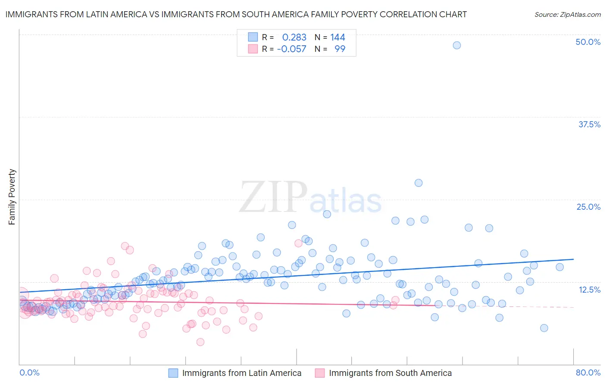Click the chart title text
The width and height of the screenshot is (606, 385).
pos(236,15)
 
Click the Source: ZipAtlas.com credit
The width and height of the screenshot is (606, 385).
pos(567,15)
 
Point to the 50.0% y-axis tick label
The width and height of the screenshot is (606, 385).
pos(588,42)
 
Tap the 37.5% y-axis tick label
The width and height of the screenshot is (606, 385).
pos(589,124)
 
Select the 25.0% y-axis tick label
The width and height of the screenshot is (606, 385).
pos(588,207)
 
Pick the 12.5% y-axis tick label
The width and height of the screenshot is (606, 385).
pos(589,290)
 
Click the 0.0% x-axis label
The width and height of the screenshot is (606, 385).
pos(29,372)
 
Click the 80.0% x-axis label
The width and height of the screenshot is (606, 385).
pos(588,372)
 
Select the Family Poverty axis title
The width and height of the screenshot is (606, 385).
pos(12,197)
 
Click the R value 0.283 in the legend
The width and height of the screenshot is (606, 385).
pos(294,38)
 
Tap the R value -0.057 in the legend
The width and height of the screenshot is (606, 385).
pos(291,49)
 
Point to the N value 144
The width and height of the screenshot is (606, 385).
pos(337,38)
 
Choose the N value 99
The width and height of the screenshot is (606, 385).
pos(340,49)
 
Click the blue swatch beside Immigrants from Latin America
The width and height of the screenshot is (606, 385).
pos(173,373)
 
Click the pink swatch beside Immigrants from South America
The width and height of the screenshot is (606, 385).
pos(320,373)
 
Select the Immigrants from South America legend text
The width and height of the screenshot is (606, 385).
pos(390,373)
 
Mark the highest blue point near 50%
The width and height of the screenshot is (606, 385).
pos(457,45)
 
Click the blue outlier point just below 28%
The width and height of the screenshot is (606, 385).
pos(419,183)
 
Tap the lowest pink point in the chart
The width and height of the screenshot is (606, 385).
pos(200,342)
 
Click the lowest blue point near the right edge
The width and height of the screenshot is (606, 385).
pos(544,328)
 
